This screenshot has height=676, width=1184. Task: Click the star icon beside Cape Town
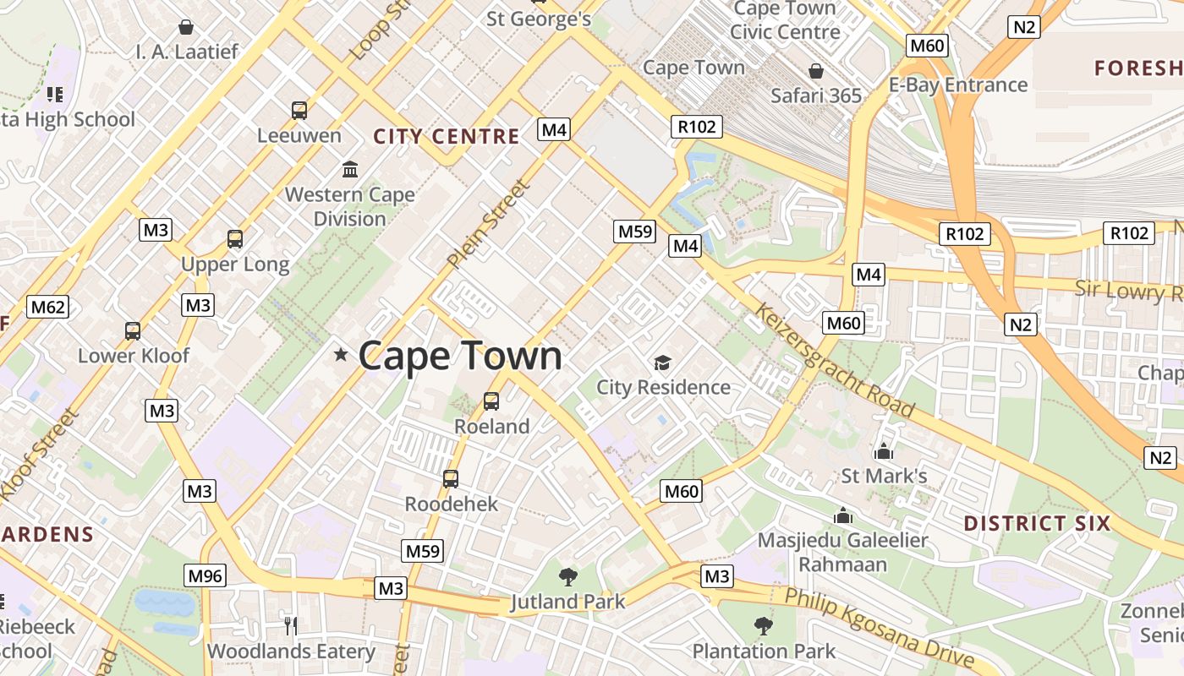tap(341, 355)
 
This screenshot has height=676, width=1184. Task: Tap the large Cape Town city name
tap(460, 356)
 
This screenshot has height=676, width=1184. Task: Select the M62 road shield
tap(47, 307)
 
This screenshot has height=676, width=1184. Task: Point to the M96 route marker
tap(205, 576)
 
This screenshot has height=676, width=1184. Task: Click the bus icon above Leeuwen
tap(299, 110)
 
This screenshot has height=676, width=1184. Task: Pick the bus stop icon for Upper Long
tap(235, 239)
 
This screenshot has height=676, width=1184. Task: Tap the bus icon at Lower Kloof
tap(133, 330)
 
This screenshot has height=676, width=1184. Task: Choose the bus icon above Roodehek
tap(451, 479)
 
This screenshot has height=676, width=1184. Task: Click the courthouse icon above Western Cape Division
tap(350, 169)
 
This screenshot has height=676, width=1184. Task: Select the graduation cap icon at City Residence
tap(662, 363)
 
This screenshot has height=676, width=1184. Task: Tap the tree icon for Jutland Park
tap(568, 577)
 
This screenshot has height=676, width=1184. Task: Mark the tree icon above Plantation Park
tap(764, 626)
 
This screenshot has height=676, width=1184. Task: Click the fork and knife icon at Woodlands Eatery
tap(291, 625)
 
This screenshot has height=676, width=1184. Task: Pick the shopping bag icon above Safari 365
tap(816, 71)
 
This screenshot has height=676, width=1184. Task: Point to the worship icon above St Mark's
tap(885, 451)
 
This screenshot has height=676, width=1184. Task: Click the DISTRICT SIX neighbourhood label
tap(1036, 523)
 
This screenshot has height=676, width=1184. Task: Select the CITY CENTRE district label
tap(447, 136)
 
